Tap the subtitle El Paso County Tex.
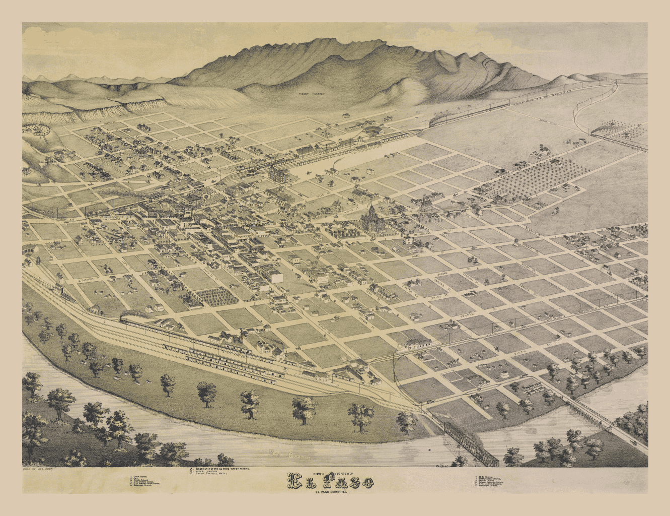tap(331, 492)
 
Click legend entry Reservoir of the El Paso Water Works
tap(221, 469)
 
